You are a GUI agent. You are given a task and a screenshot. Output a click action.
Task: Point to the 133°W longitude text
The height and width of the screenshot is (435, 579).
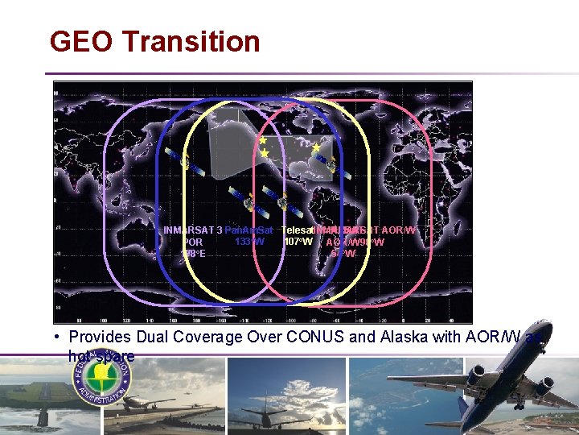point(248,241)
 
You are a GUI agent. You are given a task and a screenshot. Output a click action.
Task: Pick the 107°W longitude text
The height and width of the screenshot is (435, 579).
point(298,241)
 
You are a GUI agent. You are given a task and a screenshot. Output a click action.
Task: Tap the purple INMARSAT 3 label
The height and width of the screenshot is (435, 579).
point(192,230)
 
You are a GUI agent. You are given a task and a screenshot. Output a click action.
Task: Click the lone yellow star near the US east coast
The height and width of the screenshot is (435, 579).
point(316,147)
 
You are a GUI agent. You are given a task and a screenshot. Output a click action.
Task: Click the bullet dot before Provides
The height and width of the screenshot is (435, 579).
point(60,337)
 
